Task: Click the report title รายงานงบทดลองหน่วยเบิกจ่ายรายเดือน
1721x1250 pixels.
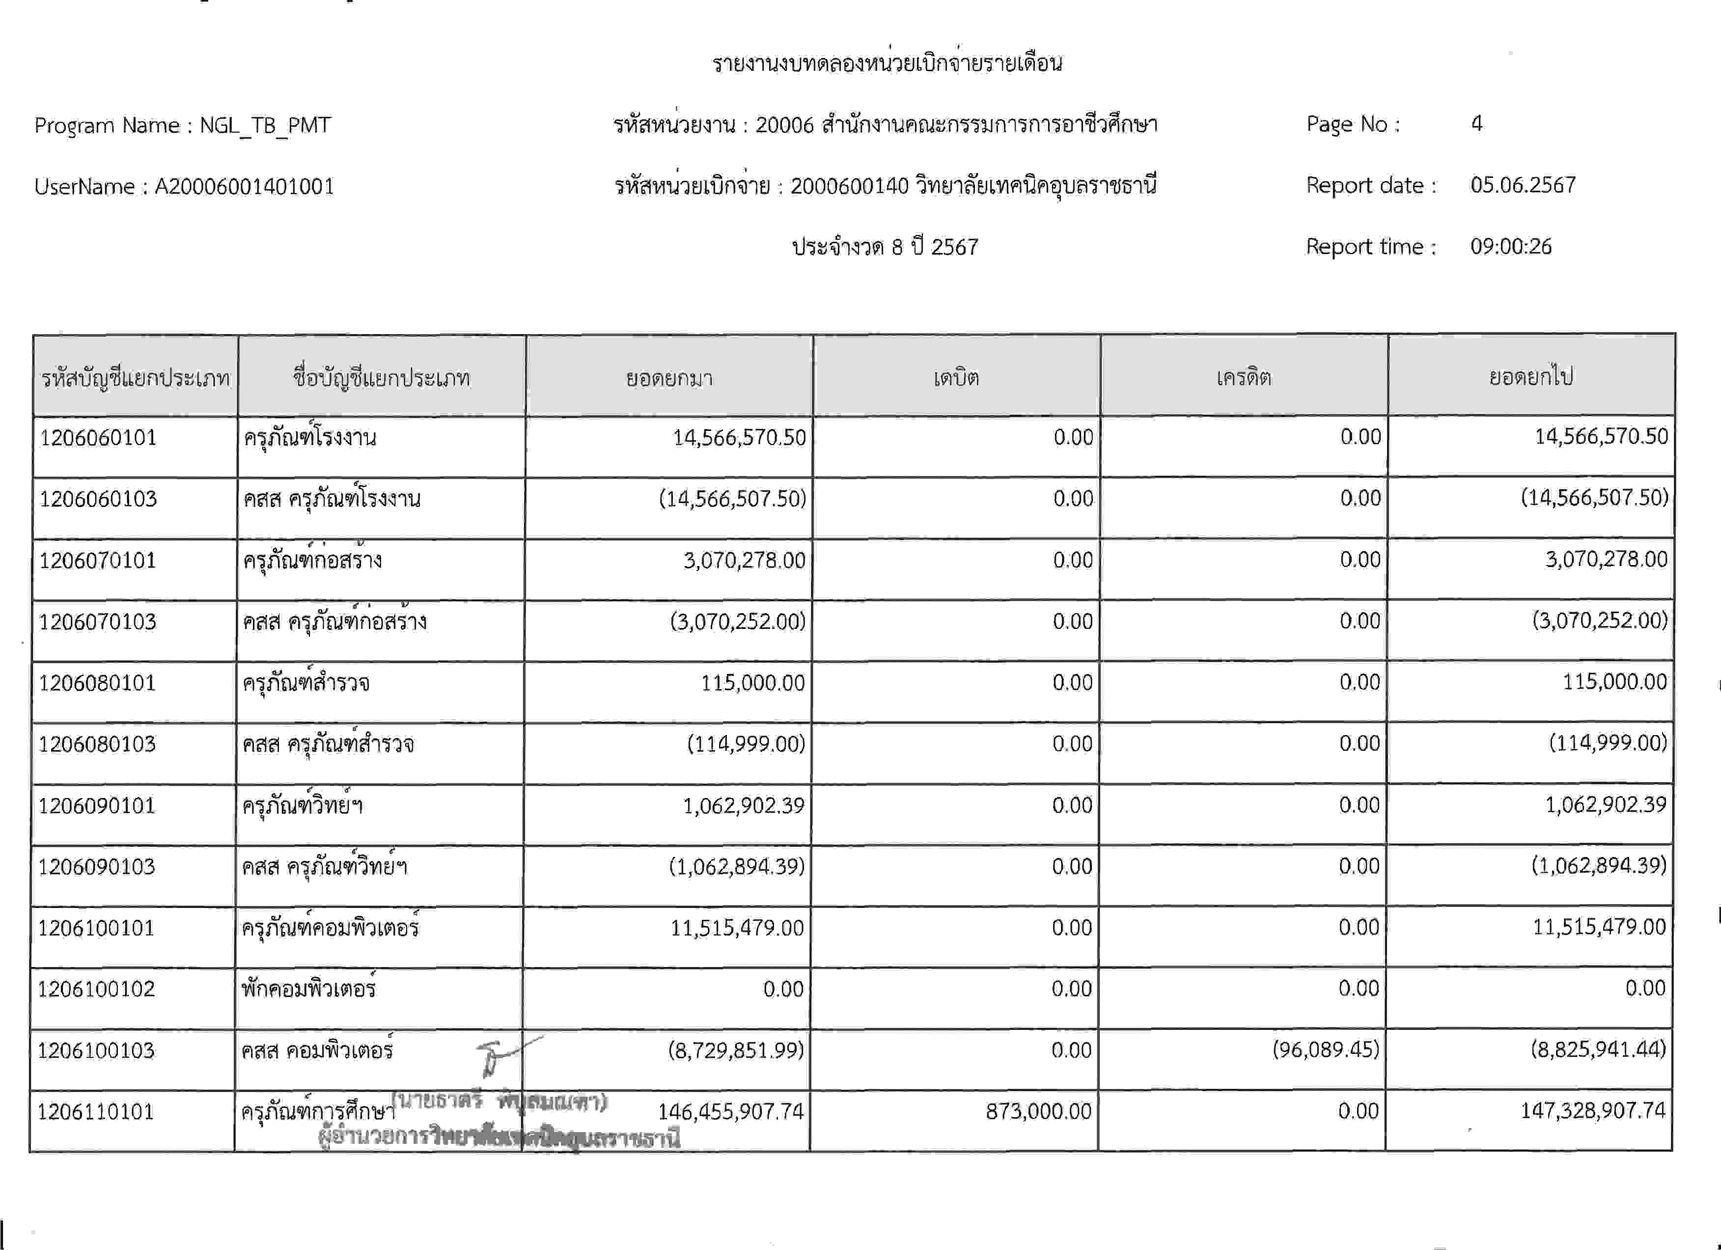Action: (887, 63)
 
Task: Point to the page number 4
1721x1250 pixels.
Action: (1476, 124)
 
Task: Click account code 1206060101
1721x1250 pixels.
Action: (98, 438)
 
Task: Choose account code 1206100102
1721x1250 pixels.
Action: (96, 989)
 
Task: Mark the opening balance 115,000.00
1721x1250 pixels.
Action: (752, 683)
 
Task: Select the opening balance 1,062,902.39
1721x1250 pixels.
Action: (743, 805)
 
